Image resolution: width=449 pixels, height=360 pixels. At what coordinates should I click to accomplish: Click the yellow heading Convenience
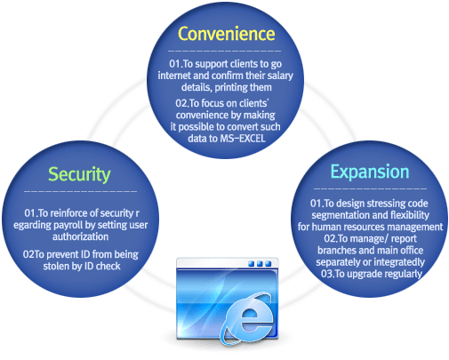[x=226, y=34]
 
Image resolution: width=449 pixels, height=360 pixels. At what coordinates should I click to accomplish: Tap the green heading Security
[x=79, y=174]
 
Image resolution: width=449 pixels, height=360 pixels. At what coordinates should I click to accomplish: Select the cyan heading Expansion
[x=370, y=172]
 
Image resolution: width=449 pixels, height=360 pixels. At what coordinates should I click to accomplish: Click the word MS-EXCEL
[x=243, y=139]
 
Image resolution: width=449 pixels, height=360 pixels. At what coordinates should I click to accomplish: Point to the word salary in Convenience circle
[x=280, y=76]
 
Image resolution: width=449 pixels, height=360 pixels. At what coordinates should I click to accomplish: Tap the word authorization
[x=81, y=236]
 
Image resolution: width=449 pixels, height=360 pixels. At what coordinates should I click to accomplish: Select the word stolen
[x=56, y=266]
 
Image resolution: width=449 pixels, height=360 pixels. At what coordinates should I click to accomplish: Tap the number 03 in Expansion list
[x=327, y=274]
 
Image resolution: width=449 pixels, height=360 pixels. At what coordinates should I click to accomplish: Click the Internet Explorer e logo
[x=247, y=319]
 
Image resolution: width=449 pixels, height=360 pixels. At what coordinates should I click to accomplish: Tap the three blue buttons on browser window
[x=260, y=264]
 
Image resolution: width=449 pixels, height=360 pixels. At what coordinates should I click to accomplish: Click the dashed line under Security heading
[x=80, y=192]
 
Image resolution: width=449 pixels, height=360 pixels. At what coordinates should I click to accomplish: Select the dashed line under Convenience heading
[x=224, y=52]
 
